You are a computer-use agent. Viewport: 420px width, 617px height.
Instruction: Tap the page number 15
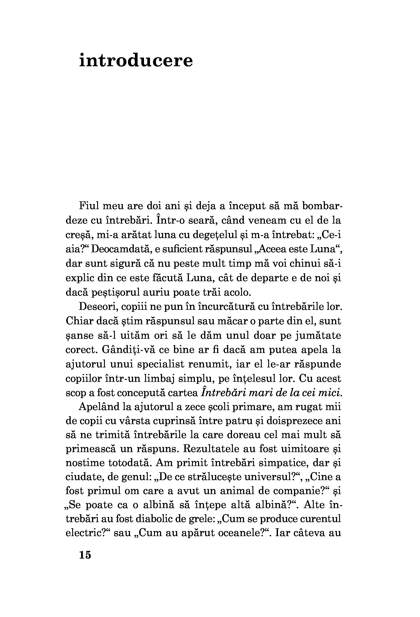pos(85,555)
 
